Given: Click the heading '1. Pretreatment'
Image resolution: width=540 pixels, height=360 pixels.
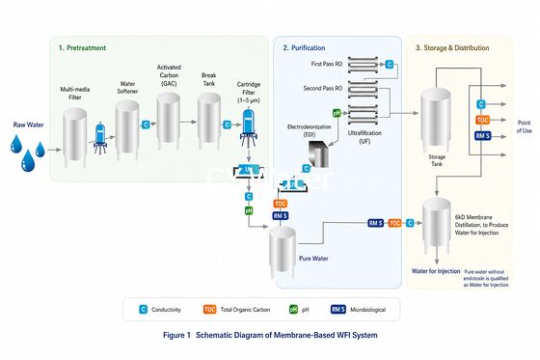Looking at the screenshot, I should pos(83,47).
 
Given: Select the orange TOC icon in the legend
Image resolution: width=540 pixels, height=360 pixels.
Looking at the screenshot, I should pos(209,309).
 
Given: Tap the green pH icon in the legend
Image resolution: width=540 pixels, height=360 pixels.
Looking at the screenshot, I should pos(292,309).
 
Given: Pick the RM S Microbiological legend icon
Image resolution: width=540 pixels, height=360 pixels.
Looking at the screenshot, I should pos(338,309).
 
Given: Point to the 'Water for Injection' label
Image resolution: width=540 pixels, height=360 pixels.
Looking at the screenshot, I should pos(435,271).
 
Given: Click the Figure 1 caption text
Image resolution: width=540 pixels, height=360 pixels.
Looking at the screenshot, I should pos(269,335).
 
